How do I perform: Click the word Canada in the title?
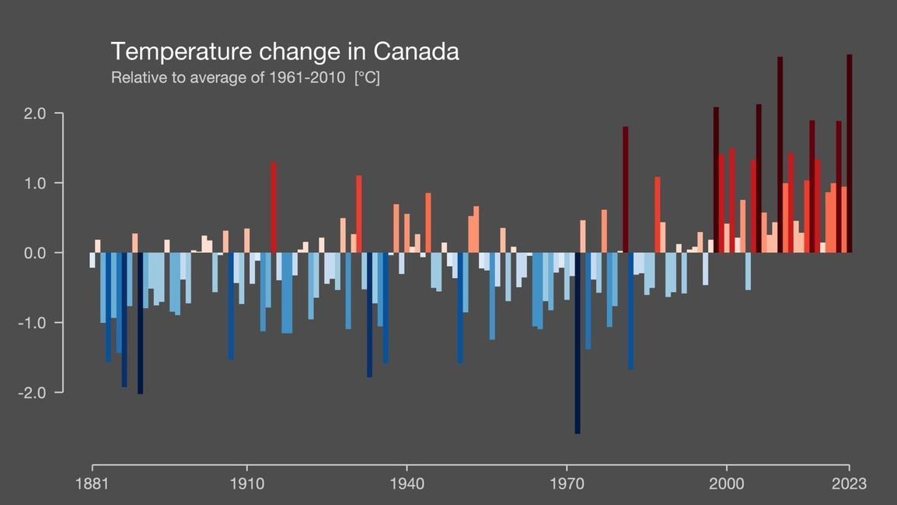tap(416, 51)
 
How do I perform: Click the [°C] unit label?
tap(367, 78)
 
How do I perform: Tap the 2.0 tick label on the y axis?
tap(35, 114)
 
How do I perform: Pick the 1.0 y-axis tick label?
tap(35, 184)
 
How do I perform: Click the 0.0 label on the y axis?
tap(35, 253)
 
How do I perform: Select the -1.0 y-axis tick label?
tap(33, 323)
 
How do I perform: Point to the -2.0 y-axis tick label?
tap(33, 392)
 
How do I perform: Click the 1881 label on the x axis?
tap(92, 484)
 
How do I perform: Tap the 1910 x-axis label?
tap(246, 484)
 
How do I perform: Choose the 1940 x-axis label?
tap(407, 484)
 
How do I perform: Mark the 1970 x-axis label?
tap(567, 484)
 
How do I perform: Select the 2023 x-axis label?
tap(849, 484)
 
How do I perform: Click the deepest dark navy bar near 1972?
tap(578, 342)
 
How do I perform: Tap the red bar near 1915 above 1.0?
tap(274, 207)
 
